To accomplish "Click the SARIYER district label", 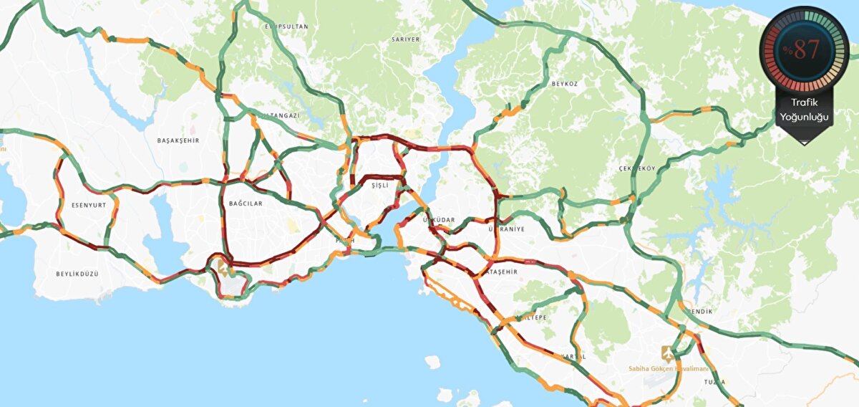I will [405, 39].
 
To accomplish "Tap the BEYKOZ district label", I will [564, 84].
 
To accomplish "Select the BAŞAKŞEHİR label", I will [178, 140].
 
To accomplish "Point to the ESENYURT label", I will [89, 205].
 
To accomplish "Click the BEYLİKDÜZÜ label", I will [77, 274].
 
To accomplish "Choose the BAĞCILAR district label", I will [246, 203].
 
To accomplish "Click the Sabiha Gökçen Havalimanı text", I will [664, 368].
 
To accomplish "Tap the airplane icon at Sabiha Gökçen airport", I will [667, 354].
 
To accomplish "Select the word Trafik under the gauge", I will [805, 103].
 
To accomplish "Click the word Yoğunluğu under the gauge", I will [805, 117].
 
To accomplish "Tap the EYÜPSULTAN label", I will [286, 27].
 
